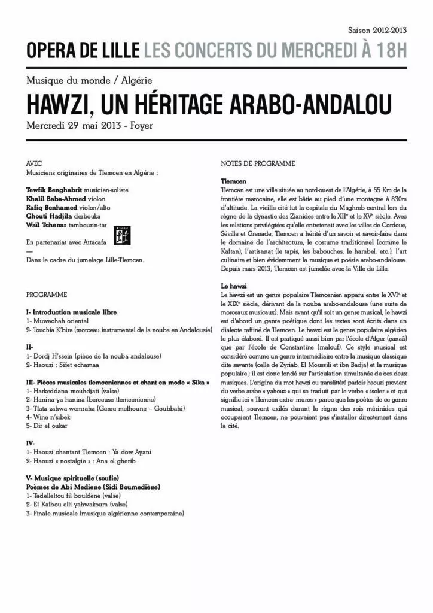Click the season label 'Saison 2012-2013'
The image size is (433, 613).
pyautogui.click(x=377, y=29)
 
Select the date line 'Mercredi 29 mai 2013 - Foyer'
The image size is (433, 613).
pyautogui.click(x=90, y=126)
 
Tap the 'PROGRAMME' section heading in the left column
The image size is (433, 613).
pyautogui.click(x=47, y=295)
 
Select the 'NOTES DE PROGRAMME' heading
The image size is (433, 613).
pyautogui.click(x=258, y=163)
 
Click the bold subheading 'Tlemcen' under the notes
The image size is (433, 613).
pyautogui.click(x=233, y=181)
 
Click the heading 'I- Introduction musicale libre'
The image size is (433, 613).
pyautogui.click(x=72, y=312)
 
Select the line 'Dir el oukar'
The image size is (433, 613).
pyautogui.click(x=53, y=426)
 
